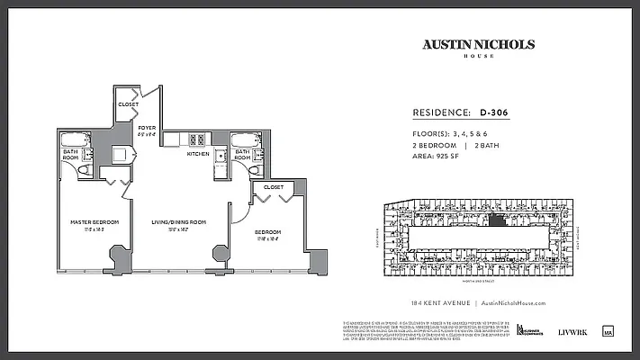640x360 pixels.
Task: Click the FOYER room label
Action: (x=147, y=128)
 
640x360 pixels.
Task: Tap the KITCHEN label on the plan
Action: (x=198, y=154)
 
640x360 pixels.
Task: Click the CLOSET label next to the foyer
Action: (x=128, y=105)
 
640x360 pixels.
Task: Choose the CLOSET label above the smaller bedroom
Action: (x=273, y=187)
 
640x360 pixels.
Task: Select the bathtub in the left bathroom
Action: (x=74, y=140)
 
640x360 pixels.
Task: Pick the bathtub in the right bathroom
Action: (x=243, y=140)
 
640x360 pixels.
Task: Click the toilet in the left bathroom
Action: (x=85, y=168)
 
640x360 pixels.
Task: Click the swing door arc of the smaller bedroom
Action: (x=239, y=209)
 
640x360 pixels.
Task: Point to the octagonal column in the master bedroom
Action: (x=118, y=256)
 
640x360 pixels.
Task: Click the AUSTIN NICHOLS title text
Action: (x=478, y=44)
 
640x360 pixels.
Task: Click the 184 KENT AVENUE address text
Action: (x=433, y=304)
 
